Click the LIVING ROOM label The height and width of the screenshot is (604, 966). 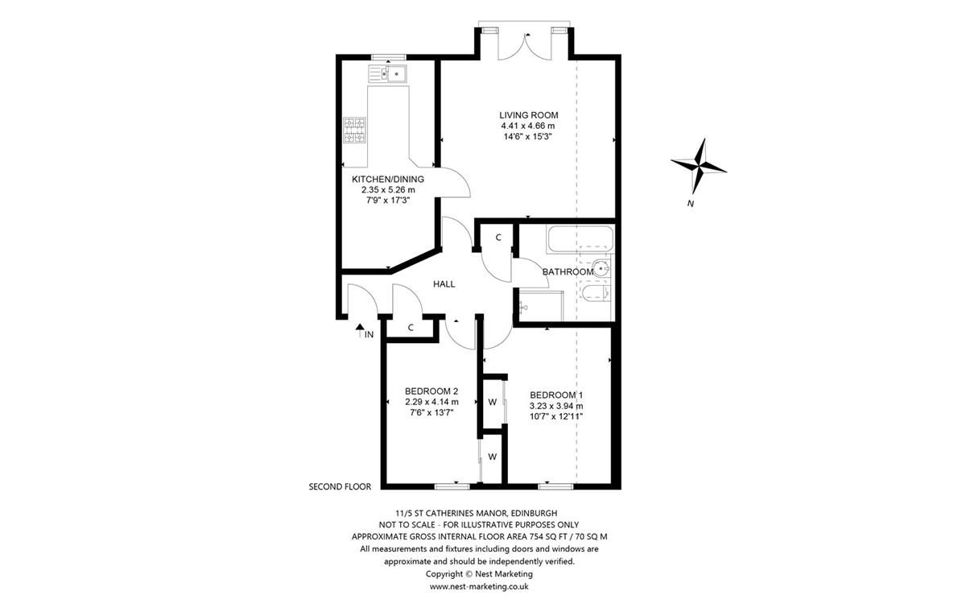pyautogui.click(x=529, y=115)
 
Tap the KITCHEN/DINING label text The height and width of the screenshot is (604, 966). pyautogui.click(x=388, y=179)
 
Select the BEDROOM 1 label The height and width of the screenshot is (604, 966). pyautogui.click(x=556, y=395)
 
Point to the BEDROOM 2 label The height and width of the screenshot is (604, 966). pyautogui.click(x=431, y=391)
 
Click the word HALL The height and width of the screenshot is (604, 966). pyautogui.click(x=444, y=283)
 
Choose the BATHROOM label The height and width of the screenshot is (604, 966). pyautogui.click(x=568, y=272)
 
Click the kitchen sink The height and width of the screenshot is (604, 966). pyautogui.click(x=388, y=73)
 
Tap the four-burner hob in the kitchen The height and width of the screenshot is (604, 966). pyautogui.click(x=354, y=130)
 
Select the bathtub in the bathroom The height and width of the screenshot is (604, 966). pyautogui.click(x=580, y=239)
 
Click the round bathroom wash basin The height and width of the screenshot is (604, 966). pyautogui.click(x=601, y=268)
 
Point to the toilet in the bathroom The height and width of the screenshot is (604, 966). pyautogui.click(x=596, y=293)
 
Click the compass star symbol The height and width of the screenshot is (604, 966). pyautogui.click(x=699, y=167)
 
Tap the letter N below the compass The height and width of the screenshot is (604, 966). pyautogui.click(x=691, y=204)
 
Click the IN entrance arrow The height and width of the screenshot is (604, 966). pyautogui.click(x=359, y=330)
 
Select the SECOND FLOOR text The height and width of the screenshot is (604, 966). pyautogui.click(x=340, y=486)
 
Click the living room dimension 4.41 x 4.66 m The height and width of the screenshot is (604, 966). pyautogui.click(x=528, y=126)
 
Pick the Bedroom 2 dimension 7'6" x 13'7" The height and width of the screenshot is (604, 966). pyautogui.click(x=431, y=412)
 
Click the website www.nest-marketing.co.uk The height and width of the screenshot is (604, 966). pyautogui.click(x=479, y=586)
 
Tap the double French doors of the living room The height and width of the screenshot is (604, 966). pyautogui.click(x=525, y=47)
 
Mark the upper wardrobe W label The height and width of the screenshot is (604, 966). pyautogui.click(x=493, y=402)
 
